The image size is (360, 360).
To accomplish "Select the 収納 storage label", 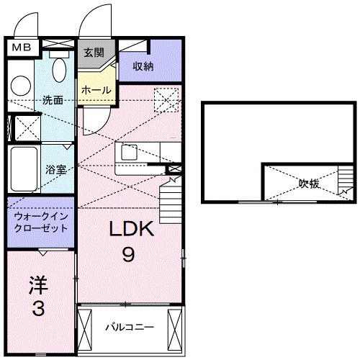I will point(144,66).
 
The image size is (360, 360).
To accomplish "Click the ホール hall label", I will point(96,90).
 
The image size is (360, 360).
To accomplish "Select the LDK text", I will point(132,230).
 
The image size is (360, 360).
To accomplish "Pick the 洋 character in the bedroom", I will point(38,285).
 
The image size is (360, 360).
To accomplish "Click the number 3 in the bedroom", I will point(37,310).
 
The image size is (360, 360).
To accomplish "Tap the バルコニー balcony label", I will point(130,327).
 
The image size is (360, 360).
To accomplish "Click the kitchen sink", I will point(130,152).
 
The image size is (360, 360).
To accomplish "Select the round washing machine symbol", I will point(21,85).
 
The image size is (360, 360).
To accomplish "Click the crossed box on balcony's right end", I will point(176,326).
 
